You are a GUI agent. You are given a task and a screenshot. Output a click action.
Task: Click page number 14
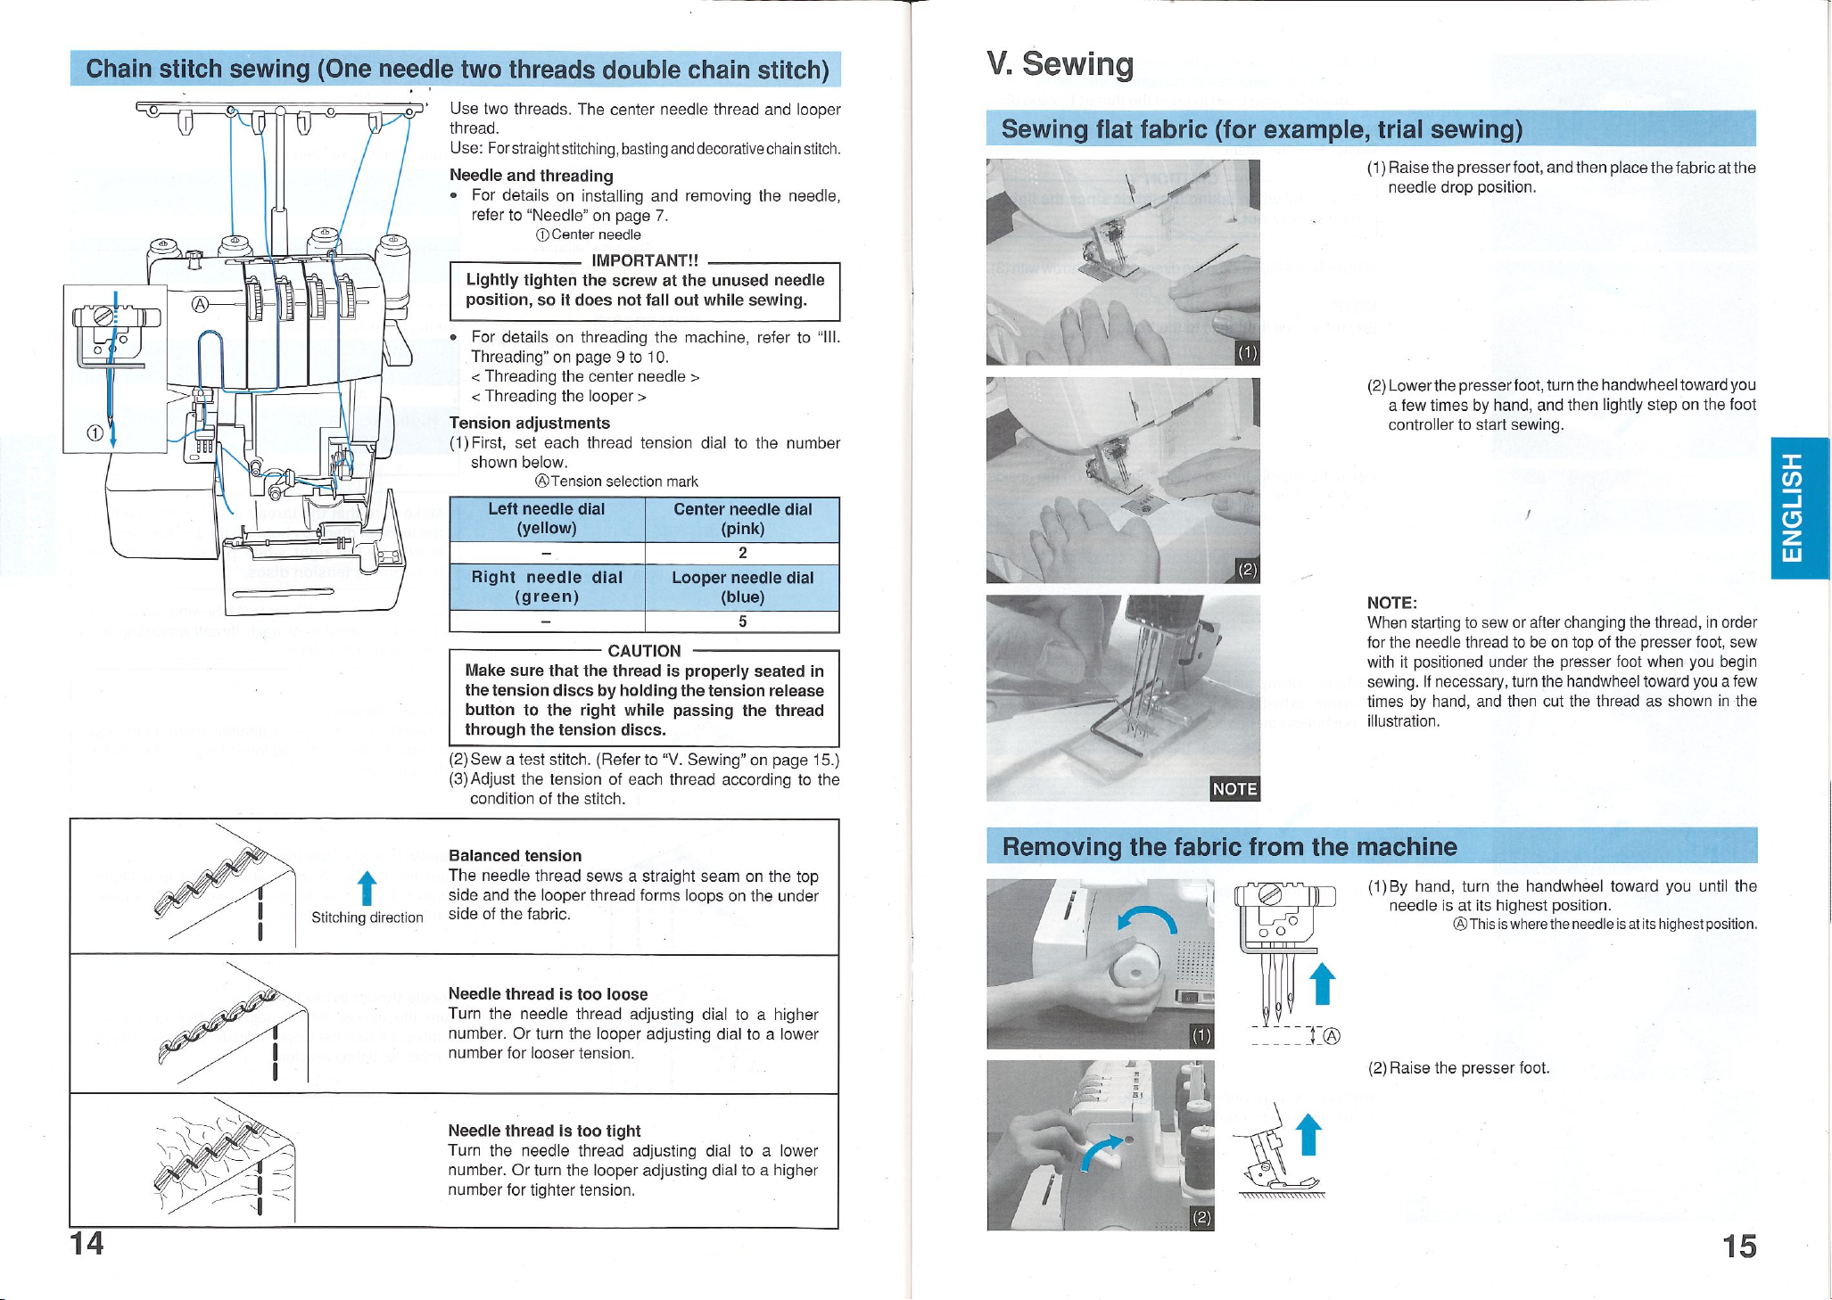click(x=87, y=1242)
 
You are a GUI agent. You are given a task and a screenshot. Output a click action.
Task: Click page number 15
click(x=1738, y=1246)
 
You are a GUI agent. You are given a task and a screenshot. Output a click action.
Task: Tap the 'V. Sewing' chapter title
click(x=1060, y=64)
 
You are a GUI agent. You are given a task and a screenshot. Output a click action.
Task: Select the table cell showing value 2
click(x=742, y=553)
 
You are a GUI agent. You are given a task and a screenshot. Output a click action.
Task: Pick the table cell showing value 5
click(x=742, y=621)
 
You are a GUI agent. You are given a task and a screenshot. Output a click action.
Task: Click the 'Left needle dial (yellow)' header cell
click(x=547, y=519)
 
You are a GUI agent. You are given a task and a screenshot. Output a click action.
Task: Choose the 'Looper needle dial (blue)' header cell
click(x=742, y=588)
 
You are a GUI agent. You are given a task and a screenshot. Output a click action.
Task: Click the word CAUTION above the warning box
click(x=644, y=651)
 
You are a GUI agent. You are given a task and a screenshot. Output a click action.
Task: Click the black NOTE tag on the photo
click(x=1234, y=788)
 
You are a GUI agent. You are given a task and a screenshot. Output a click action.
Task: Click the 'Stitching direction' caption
click(x=367, y=917)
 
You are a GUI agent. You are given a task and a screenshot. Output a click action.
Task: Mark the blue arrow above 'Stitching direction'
click(x=365, y=888)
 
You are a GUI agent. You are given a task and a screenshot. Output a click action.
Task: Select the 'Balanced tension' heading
click(x=515, y=856)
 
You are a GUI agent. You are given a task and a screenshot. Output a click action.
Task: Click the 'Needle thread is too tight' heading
click(x=544, y=1131)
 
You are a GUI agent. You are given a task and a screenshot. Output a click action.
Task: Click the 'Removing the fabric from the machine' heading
click(x=1229, y=846)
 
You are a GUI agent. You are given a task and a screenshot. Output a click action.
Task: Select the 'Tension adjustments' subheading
click(x=530, y=423)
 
